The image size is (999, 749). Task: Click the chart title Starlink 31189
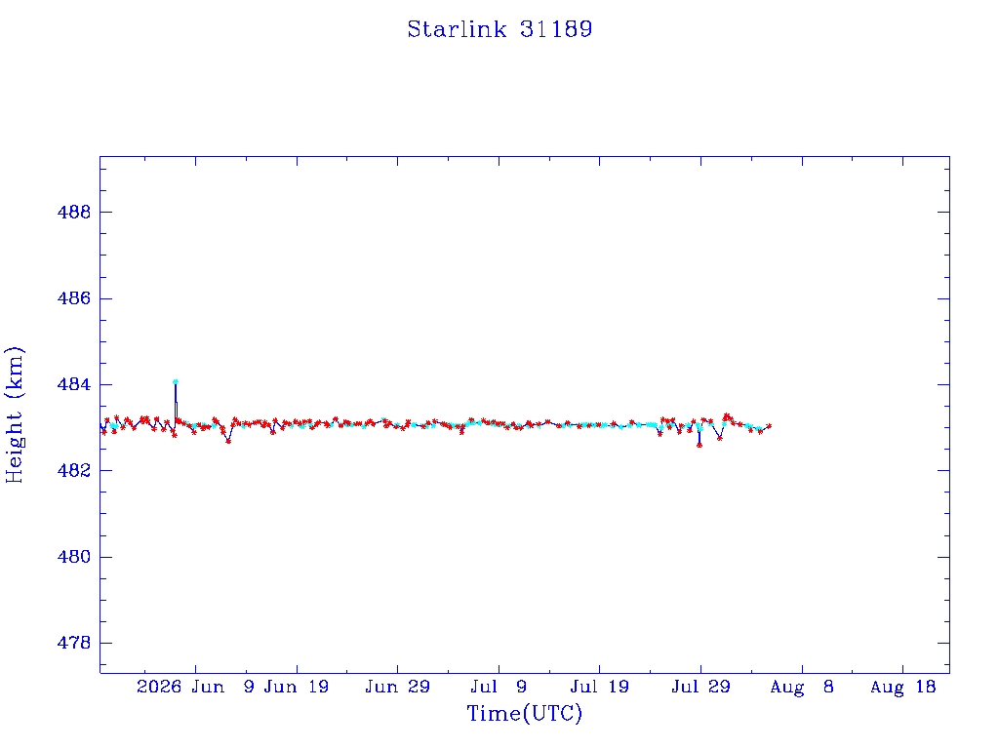(499, 29)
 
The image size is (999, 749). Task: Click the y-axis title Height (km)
(14, 415)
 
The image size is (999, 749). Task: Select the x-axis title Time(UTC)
(524, 713)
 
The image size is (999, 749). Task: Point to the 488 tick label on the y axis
(74, 212)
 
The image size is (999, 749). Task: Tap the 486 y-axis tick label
(74, 298)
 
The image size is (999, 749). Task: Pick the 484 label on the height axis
(74, 384)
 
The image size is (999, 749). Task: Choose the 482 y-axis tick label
(74, 471)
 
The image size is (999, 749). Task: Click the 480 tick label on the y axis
(74, 557)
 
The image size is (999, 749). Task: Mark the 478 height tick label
(74, 644)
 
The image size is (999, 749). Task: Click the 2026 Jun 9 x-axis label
(195, 687)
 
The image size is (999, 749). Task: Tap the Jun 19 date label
(297, 687)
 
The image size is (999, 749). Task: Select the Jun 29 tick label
(398, 687)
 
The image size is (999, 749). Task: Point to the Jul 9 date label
(499, 687)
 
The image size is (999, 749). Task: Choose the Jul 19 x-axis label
(600, 687)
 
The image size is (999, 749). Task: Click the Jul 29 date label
(700, 687)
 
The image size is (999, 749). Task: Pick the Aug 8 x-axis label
(802, 687)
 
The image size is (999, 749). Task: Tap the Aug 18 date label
(902, 687)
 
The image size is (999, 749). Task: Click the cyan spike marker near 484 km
(176, 382)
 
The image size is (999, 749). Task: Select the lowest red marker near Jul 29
(699, 445)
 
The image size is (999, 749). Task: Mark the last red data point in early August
(769, 426)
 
